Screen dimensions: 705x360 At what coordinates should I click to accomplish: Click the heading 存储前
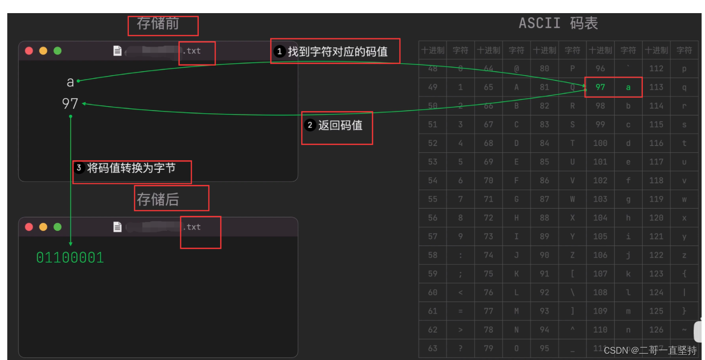coord(158,24)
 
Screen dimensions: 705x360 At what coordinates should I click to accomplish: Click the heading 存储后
coord(158,199)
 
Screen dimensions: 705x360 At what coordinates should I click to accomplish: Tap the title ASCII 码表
coord(558,23)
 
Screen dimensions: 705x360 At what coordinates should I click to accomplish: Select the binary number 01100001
coord(70,257)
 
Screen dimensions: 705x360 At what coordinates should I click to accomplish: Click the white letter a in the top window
coord(70,82)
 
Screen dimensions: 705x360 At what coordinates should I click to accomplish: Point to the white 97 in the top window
coord(70,103)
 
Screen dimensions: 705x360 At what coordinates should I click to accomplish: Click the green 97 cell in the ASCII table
coord(600,87)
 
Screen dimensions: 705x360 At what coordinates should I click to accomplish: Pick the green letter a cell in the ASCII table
coord(628,87)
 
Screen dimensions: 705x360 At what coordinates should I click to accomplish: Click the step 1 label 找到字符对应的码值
coord(338,51)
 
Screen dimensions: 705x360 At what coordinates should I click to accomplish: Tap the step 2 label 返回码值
coord(340,125)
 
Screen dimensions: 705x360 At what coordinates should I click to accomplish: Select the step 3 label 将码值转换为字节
coord(131,168)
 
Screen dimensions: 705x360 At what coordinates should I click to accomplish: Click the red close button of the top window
coord(29,51)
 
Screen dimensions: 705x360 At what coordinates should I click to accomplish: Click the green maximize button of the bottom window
coord(57,227)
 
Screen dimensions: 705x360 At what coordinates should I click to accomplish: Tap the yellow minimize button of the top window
coord(43,51)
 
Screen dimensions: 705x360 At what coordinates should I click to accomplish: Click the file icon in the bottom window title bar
coord(117,227)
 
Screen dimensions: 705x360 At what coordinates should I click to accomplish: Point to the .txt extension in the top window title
coord(191,51)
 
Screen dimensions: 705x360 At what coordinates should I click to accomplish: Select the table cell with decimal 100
coord(600,143)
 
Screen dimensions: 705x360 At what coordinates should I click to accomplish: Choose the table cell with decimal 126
coord(656,330)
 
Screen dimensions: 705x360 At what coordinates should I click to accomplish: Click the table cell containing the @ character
coord(516,69)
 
